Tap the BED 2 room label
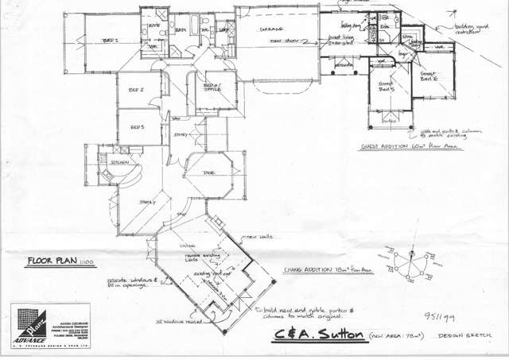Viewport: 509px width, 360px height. tap(135, 90)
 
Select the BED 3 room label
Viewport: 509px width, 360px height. tap(137, 127)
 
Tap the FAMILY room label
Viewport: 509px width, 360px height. tap(146, 203)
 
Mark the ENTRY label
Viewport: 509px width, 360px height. tap(180, 137)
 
